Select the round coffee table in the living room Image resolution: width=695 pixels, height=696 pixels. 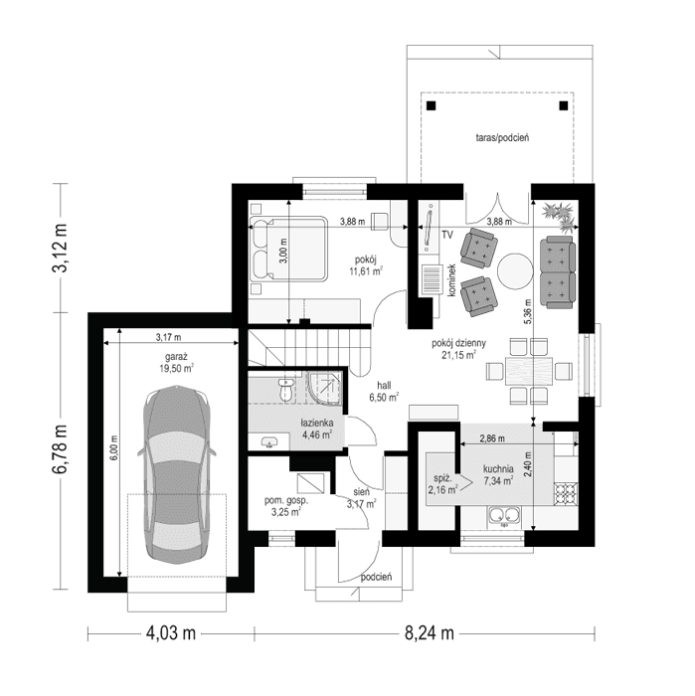point(515,270)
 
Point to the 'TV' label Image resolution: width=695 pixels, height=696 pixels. point(447,236)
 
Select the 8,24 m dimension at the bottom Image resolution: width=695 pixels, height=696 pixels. point(429,632)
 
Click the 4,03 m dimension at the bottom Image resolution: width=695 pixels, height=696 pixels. point(171,632)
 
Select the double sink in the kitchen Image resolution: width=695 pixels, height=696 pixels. point(502,515)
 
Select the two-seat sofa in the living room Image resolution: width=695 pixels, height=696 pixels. point(558,270)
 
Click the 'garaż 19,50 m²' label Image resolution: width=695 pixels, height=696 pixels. point(175,360)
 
